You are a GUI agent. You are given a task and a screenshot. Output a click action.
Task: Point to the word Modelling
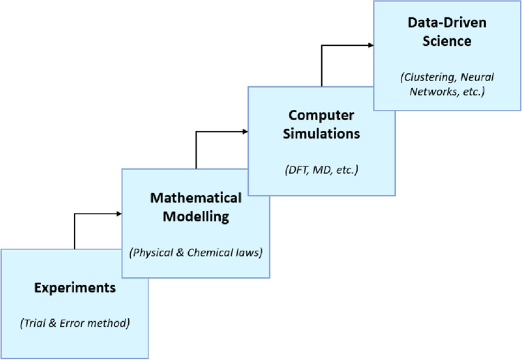[196, 217]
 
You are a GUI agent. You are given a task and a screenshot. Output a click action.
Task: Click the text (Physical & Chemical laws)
[196, 252]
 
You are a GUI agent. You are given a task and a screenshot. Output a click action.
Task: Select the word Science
[447, 41]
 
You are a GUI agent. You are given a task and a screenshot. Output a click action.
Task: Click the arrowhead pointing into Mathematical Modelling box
[118, 213]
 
